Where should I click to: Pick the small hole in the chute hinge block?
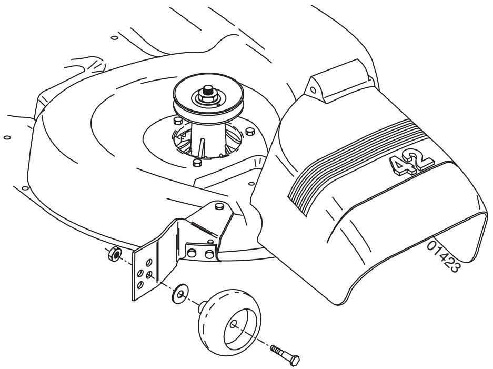[x=314, y=89]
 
